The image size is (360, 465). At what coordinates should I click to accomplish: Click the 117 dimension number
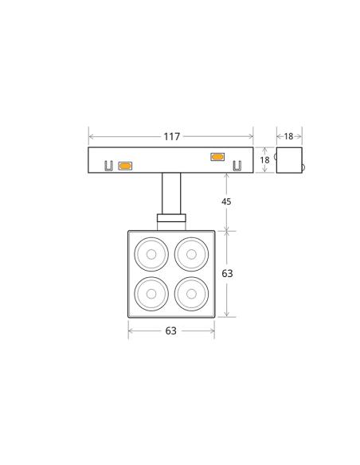click(x=171, y=137)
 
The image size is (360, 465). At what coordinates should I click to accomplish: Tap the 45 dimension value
click(x=226, y=202)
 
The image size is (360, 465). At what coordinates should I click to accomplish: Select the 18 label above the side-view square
click(x=289, y=137)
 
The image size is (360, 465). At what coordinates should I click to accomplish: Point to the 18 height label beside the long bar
click(x=265, y=160)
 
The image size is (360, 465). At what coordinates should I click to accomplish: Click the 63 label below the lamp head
click(x=170, y=331)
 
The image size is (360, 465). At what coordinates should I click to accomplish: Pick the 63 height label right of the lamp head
click(x=227, y=273)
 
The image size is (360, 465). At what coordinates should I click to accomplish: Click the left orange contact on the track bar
click(x=125, y=166)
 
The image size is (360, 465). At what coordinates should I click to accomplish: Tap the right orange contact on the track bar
click(x=217, y=156)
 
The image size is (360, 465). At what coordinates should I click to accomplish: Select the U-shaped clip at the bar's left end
click(x=108, y=166)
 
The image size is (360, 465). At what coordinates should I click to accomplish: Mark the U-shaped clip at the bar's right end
click(x=236, y=166)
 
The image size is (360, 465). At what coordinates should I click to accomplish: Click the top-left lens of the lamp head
click(x=151, y=255)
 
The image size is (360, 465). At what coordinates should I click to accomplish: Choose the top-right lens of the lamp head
click(x=191, y=255)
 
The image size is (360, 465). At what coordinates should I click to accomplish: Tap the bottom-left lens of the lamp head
click(x=151, y=295)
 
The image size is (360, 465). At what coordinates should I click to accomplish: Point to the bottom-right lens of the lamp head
click(x=191, y=295)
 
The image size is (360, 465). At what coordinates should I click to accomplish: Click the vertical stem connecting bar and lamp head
click(x=171, y=193)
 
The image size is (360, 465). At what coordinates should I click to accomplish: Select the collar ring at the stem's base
click(x=171, y=217)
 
